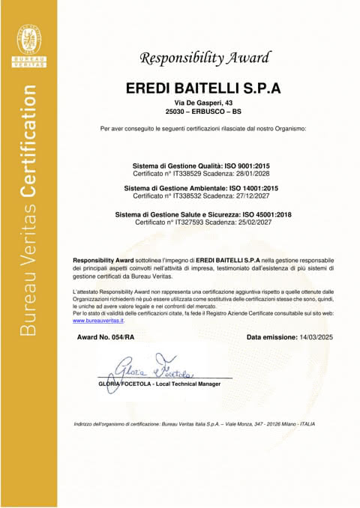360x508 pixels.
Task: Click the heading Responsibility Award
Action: tap(202, 58)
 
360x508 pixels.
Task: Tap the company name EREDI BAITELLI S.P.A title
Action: tap(202, 88)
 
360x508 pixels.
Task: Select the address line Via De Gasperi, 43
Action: tap(202, 101)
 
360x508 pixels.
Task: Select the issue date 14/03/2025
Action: tap(309, 339)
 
